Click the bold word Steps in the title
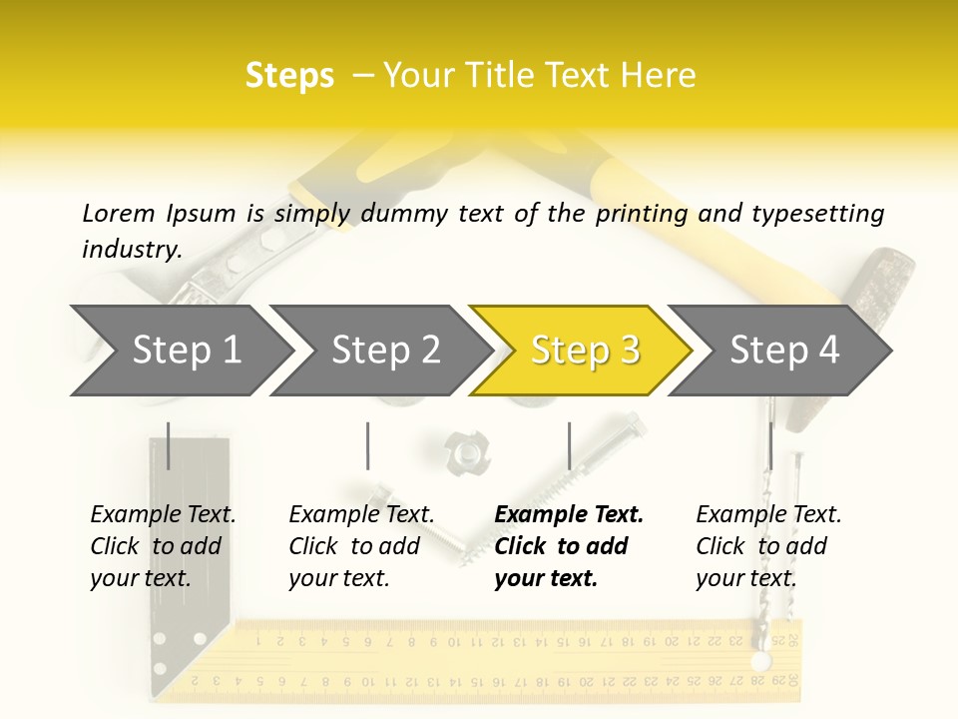click(289, 76)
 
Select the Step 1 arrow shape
click(184, 351)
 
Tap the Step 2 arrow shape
click(382, 351)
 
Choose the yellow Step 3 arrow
click(582, 351)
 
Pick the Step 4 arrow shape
click(780, 351)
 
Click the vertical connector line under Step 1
click(168, 445)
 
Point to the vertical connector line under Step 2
click(368, 445)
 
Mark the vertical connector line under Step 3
click(570, 445)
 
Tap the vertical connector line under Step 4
click(771, 445)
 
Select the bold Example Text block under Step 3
click(569, 546)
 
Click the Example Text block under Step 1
click(163, 546)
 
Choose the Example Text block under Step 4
click(768, 546)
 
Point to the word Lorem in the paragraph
click(119, 214)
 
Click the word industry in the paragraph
click(132, 250)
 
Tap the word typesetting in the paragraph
click(818, 215)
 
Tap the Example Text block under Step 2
click(361, 546)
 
